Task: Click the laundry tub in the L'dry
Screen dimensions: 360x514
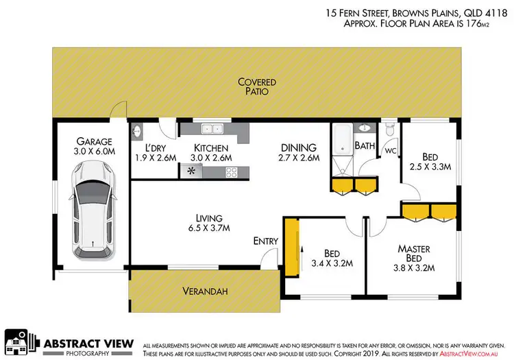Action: click(x=136, y=131)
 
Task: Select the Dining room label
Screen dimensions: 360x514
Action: click(x=298, y=147)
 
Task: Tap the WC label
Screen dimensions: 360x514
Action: click(x=391, y=150)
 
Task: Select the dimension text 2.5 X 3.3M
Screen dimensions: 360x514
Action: click(x=430, y=166)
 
